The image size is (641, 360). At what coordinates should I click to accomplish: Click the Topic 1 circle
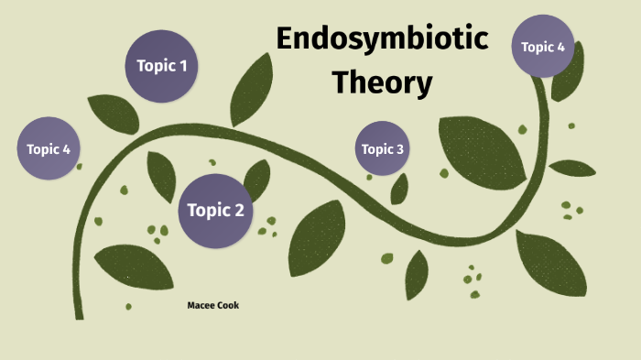(162, 66)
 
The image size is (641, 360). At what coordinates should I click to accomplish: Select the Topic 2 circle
(215, 211)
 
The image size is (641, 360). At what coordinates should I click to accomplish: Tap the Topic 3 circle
(382, 148)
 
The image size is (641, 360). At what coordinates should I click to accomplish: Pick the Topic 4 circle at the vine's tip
(542, 46)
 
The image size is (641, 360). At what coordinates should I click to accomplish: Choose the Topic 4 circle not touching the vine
(49, 148)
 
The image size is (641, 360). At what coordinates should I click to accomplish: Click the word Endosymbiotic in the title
(382, 39)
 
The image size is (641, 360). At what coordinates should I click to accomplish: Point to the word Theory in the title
(382, 82)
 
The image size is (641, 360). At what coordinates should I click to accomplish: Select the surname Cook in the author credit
(228, 305)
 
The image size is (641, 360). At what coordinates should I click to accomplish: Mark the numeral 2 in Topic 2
(239, 211)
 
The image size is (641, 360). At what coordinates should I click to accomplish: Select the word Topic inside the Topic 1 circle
(155, 66)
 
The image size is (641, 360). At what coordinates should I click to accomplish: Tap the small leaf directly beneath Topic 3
(399, 189)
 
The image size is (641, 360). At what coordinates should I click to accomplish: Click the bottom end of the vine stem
(79, 314)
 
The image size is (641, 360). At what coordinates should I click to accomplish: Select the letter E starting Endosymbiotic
(284, 39)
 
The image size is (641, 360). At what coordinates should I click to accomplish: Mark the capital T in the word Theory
(341, 82)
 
